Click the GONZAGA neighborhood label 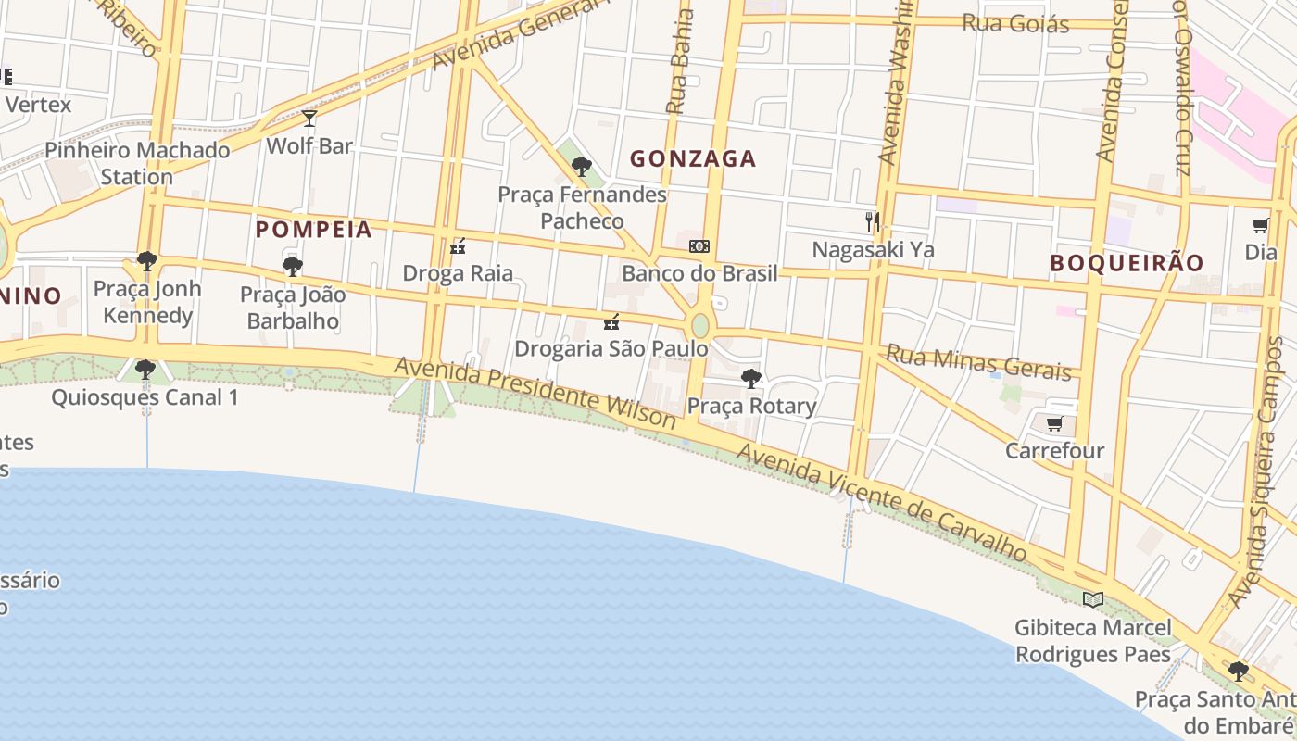693,158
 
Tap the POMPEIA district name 313,230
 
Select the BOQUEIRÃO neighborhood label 1127,263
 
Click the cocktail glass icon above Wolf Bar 309,119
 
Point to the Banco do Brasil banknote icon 699,246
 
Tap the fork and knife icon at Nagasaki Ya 872,221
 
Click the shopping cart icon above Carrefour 1054,424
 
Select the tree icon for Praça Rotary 751,378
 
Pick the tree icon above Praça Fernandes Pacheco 582,167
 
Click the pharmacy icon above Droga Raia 457,246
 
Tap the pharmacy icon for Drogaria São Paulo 611,322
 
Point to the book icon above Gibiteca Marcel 1093,599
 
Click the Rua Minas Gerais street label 978,362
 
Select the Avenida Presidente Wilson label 535,393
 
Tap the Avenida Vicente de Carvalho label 882,502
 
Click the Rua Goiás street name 1015,23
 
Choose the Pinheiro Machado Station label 137,163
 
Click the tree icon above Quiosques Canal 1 145,370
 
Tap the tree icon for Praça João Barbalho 293,268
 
